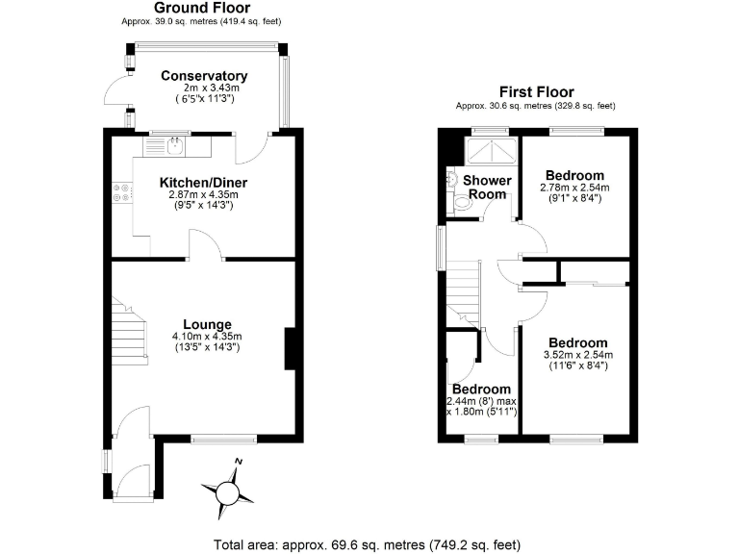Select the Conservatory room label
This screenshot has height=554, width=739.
[204, 76]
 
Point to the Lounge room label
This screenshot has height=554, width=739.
[207, 324]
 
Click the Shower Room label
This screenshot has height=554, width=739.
[485, 187]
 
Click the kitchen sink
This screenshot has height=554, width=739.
[175, 146]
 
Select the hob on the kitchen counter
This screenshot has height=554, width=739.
[121, 192]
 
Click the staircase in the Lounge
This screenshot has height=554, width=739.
[130, 332]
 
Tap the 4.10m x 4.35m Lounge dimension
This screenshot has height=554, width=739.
[207, 336]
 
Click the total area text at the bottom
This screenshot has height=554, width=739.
[369, 543]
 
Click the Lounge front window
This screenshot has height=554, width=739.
[224, 439]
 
